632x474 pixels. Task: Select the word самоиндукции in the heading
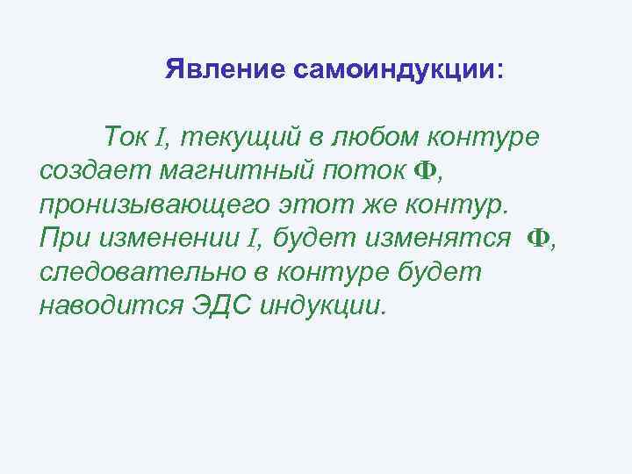[395, 69]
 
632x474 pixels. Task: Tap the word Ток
[127, 137]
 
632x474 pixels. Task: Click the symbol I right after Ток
[161, 138]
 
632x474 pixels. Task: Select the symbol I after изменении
[254, 239]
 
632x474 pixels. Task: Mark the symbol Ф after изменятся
[536, 238]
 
